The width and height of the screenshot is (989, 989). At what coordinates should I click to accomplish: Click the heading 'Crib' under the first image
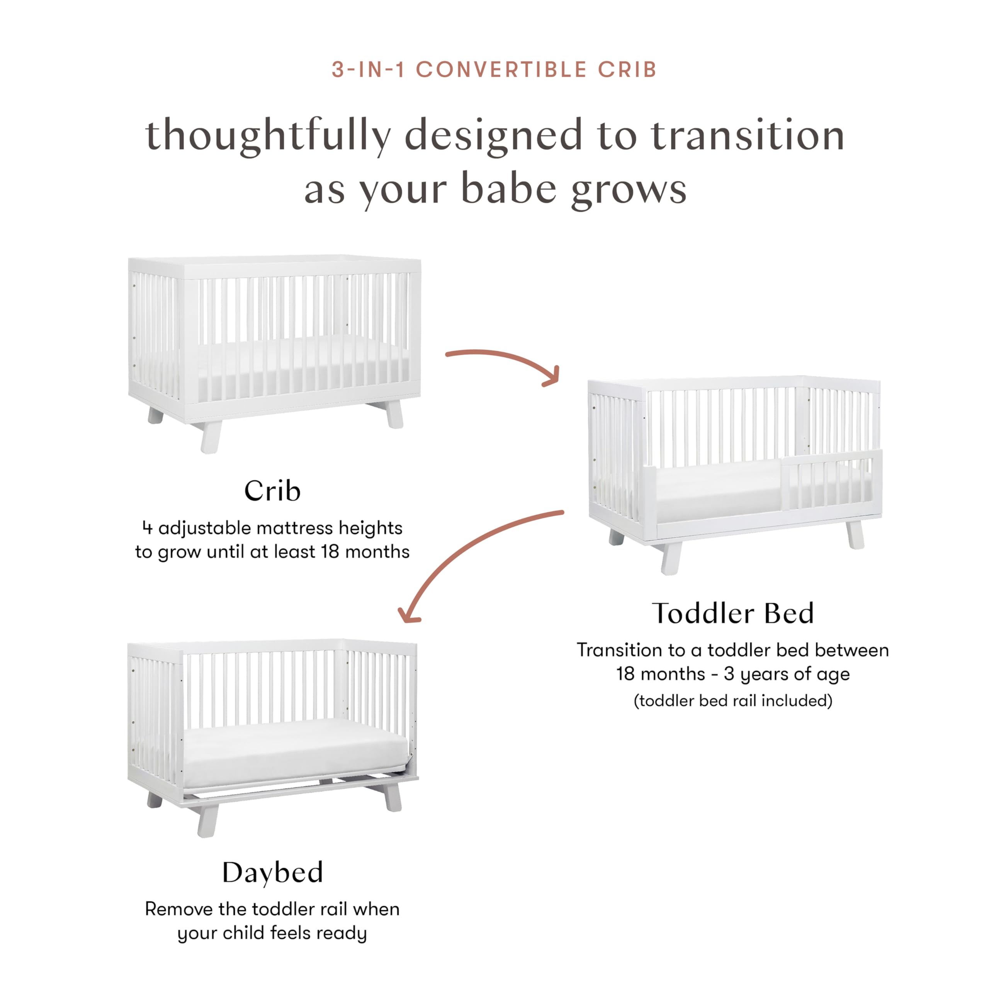click(272, 491)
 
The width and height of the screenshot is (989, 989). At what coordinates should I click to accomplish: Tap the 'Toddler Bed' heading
click(732, 613)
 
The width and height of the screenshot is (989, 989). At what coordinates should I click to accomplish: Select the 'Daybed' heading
click(272, 872)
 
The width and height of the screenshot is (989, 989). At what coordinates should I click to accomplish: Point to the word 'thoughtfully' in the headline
click(268, 136)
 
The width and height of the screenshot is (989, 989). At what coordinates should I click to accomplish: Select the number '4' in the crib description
click(148, 528)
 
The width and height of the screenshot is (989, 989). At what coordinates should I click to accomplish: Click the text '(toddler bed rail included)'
click(732, 700)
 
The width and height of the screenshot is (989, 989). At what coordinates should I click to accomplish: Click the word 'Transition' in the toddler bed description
click(619, 650)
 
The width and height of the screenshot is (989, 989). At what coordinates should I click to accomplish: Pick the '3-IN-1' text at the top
click(368, 70)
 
